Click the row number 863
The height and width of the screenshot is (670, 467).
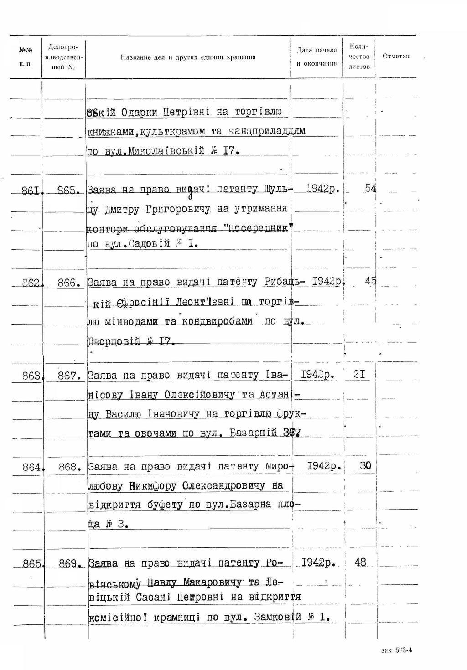(32, 376)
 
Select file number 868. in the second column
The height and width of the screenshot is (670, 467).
(70, 467)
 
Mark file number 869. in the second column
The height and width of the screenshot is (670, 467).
(70, 564)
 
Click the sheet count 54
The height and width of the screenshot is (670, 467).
(370, 188)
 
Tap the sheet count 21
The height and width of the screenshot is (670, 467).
(359, 375)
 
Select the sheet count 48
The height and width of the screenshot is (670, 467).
(360, 562)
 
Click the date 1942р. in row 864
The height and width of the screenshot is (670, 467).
(324, 466)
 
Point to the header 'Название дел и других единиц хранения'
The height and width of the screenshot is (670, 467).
(188, 57)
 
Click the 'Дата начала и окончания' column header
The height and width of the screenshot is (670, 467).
(317, 57)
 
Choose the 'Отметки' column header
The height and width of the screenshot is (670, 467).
(395, 57)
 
